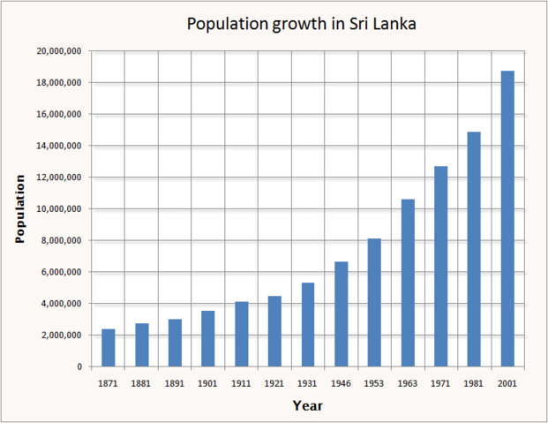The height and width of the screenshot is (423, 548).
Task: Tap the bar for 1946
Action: click(341, 313)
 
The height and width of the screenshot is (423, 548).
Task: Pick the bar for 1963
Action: click(408, 283)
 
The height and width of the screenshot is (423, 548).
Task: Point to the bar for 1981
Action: click(474, 249)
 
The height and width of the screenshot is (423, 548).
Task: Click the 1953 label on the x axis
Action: click(374, 384)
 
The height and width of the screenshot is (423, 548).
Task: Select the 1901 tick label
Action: click(208, 384)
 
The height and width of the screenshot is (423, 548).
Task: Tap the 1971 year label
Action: click(440, 384)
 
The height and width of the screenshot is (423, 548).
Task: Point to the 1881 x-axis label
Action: click(141, 384)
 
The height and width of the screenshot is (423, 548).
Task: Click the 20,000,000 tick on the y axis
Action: click(59, 51)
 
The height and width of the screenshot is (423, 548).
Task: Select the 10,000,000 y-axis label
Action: click(59, 209)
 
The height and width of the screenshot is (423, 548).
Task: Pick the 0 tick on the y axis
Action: click(79, 366)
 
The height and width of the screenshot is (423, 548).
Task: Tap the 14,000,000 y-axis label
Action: click(59, 146)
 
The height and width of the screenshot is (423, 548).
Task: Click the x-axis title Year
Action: click(308, 406)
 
